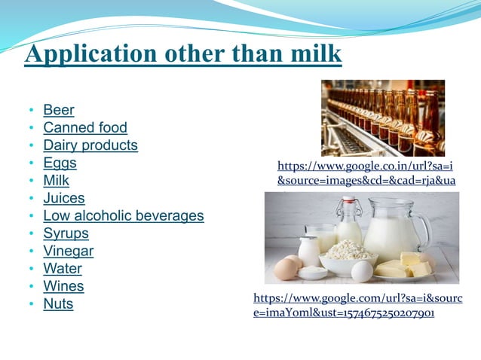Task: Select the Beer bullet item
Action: [59, 110]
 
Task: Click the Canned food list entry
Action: [85, 128]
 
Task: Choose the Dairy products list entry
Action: [90, 145]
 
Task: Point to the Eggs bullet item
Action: [60, 163]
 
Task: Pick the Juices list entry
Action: [64, 198]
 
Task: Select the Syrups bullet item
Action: [66, 233]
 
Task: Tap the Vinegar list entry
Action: [69, 252]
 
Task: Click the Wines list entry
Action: [63, 286]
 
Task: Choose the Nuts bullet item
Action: [58, 304]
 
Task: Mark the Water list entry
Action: [63, 269]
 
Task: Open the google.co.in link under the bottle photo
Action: [366, 173]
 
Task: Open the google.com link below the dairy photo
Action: [357, 305]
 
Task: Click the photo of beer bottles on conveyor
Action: [382, 117]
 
